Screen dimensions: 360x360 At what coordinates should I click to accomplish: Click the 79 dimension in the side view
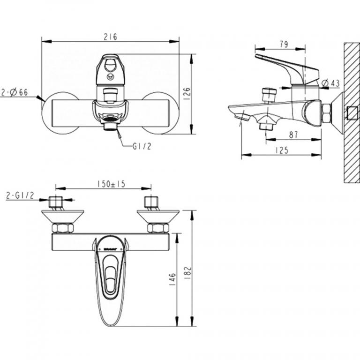coord(284,45)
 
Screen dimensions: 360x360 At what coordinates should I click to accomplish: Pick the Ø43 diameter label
coord(331,83)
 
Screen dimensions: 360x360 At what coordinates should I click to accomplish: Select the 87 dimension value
coord(294,135)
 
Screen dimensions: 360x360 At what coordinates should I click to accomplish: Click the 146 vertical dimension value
coord(172,279)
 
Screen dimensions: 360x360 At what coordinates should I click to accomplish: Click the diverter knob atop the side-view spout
coord(269,94)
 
